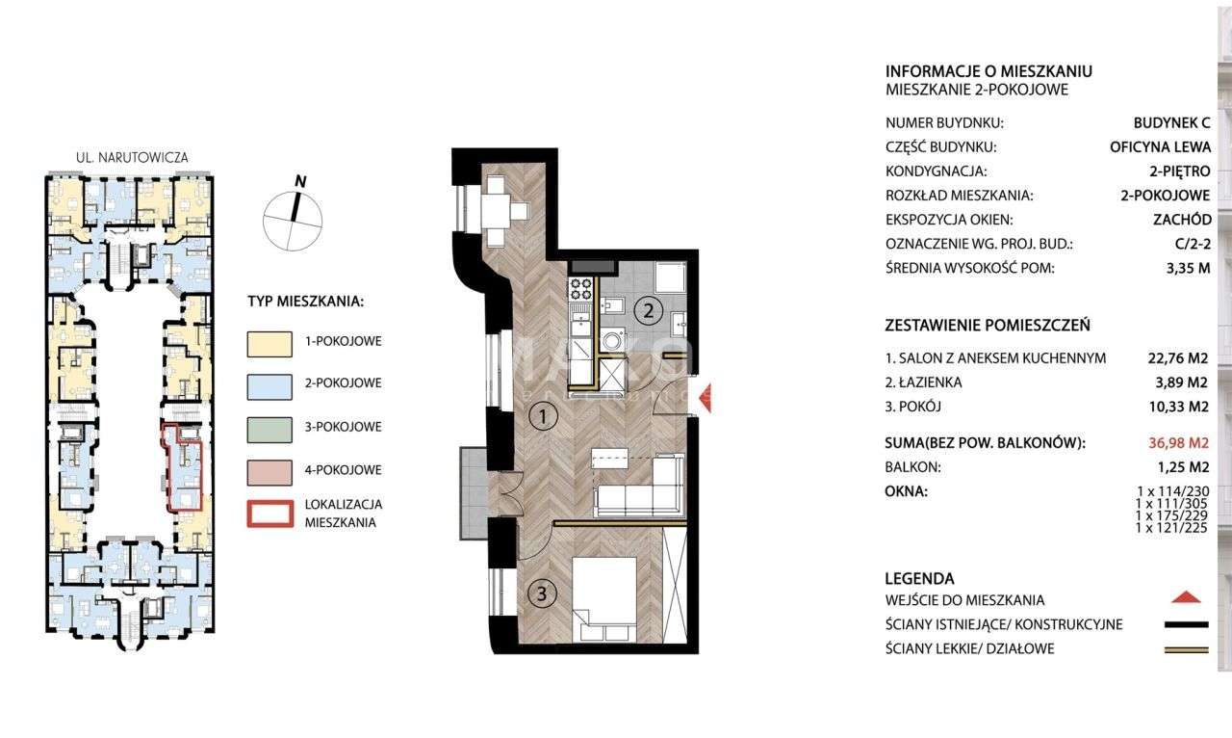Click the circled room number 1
[x=544, y=417]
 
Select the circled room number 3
[x=543, y=594]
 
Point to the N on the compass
[x=300, y=180]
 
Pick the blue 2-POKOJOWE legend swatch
[x=269, y=382]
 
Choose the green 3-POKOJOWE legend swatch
[x=269, y=427]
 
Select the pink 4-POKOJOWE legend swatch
[x=269, y=470]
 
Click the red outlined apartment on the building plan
[x=183, y=467]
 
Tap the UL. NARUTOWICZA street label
[x=131, y=156]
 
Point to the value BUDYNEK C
[x=1172, y=122]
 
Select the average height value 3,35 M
[x=1187, y=268]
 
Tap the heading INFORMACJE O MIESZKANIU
[x=988, y=71]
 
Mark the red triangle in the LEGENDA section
[x=1188, y=598]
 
